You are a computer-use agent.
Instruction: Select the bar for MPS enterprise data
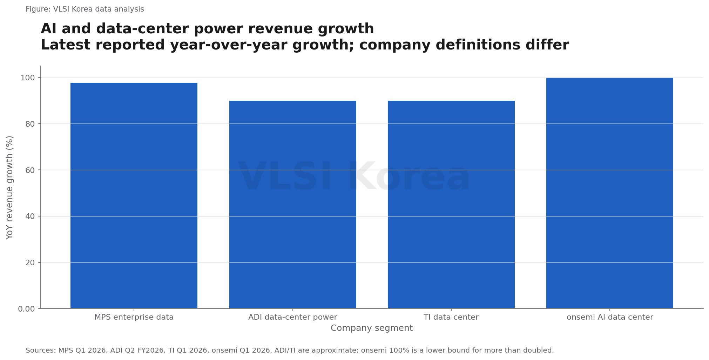(x=134, y=195)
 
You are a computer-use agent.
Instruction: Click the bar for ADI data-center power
(x=293, y=205)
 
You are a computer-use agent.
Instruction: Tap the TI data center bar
(x=451, y=205)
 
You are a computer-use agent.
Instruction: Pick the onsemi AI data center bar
(x=610, y=193)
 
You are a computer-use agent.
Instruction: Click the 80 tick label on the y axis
(x=30, y=124)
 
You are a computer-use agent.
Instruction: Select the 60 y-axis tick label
(x=30, y=170)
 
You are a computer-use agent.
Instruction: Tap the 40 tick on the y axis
(x=30, y=216)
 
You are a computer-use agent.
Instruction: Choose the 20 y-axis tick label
(x=30, y=263)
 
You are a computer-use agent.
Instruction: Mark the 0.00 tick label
(x=27, y=309)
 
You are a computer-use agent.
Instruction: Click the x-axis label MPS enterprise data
(x=134, y=317)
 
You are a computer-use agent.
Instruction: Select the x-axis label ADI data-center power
(x=293, y=317)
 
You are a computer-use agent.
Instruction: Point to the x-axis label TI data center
(x=451, y=317)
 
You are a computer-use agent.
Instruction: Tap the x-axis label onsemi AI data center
(x=610, y=317)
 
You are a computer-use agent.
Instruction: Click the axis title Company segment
(x=372, y=328)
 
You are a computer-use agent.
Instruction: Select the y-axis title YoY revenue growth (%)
(x=10, y=187)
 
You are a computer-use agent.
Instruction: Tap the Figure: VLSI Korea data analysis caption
(x=85, y=9)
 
